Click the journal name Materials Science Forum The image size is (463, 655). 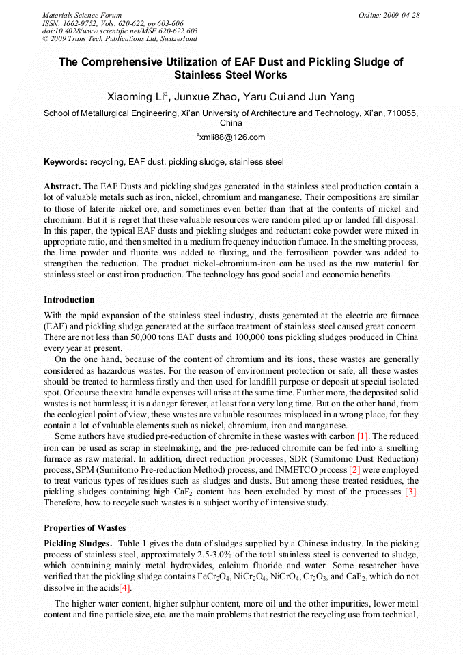tap(82, 15)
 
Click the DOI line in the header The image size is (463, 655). tap(120, 31)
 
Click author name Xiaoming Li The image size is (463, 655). tap(137, 97)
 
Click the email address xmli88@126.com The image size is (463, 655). tap(232, 137)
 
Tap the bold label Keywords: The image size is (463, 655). tap(66, 162)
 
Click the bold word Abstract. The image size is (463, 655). tap(62, 186)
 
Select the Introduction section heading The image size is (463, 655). tap(69, 300)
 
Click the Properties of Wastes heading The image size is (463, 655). tap(87, 527)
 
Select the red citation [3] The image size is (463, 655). tap(411, 492)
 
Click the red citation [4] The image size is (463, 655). tap(125, 588)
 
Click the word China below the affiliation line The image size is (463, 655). tap(231, 124)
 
